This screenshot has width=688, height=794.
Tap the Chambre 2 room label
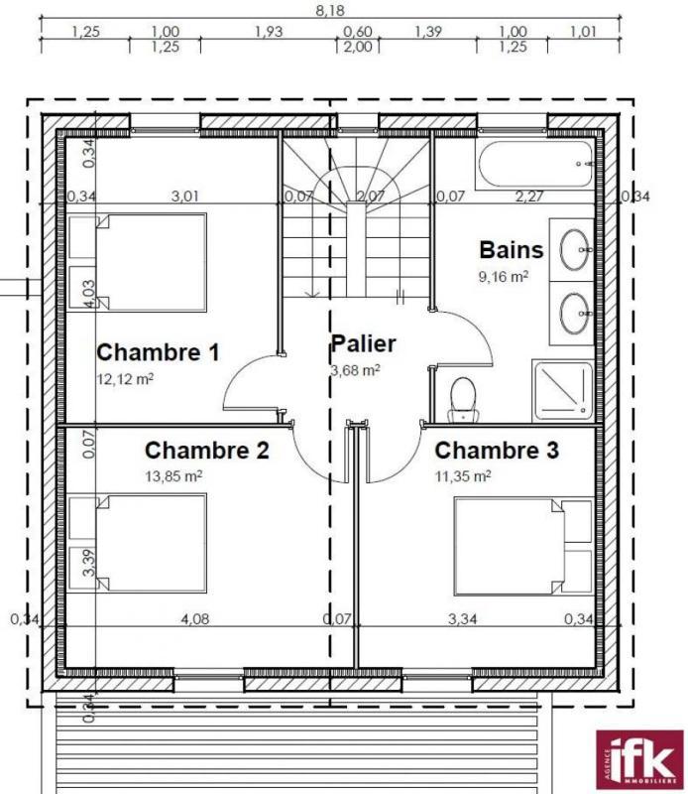206,451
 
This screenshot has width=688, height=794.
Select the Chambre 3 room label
497,451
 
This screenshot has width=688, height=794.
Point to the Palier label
363,344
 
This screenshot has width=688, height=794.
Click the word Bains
512,249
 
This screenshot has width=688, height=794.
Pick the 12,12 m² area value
124,378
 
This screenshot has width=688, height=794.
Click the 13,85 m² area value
173,476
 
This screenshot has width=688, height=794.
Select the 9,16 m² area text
504,276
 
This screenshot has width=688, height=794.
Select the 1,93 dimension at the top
269,32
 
